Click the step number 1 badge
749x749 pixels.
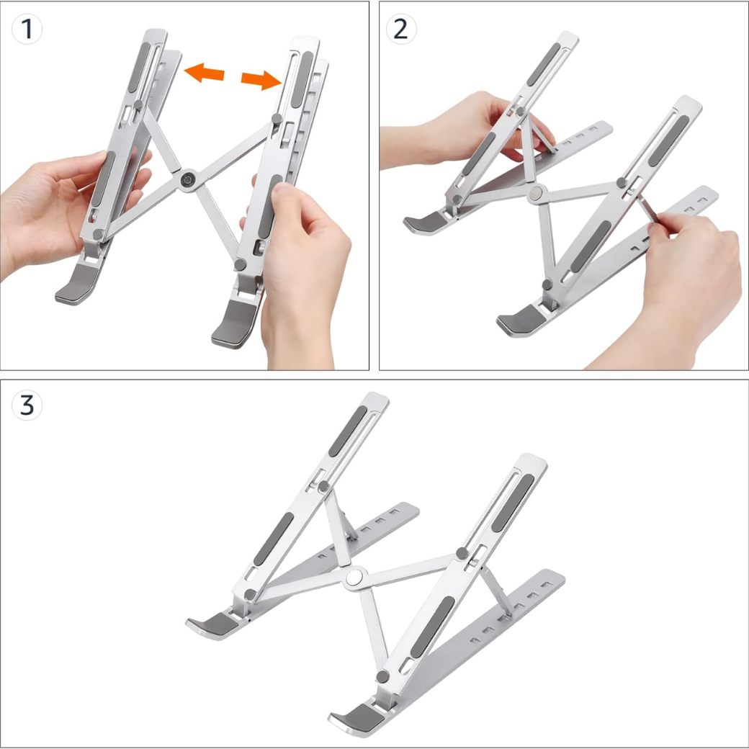[x=27, y=29]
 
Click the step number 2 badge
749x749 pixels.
[x=401, y=29]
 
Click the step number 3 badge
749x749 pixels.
[x=27, y=405]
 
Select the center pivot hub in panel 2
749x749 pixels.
[x=536, y=194]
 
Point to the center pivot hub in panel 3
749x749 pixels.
[x=353, y=578]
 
